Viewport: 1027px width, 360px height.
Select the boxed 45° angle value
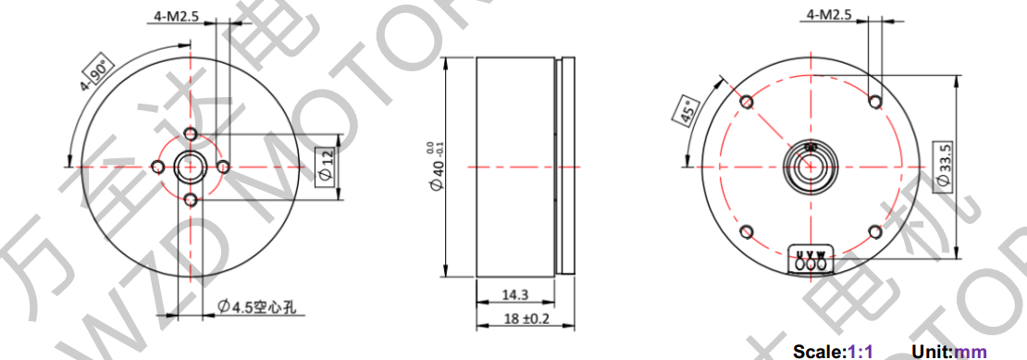(687, 110)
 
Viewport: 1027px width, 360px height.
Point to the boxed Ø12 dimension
(325, 167)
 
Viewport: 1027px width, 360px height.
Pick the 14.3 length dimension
(514, 295)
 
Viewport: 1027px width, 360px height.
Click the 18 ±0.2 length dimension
(525, 319)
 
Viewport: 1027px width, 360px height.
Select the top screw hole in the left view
(190, 134)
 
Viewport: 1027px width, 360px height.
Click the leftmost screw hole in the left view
(158, 167)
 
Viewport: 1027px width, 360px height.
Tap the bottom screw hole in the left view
(190, 199)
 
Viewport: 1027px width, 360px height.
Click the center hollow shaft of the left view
(190, 167)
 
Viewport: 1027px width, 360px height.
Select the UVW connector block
(811, 261)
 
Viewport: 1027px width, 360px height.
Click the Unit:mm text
(949, 352)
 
